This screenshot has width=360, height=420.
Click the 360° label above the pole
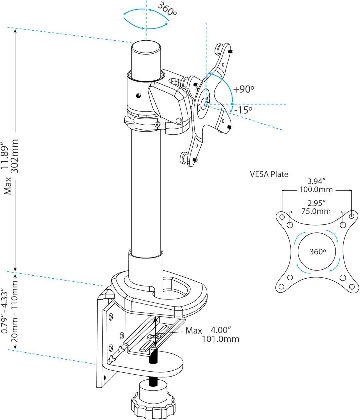click(166, 9)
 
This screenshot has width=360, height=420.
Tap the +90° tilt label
click(244, 89)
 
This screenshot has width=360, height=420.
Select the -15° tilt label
click(243, 110)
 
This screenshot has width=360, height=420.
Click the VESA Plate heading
click(269, 174)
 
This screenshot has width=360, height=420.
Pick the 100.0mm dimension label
click(316, 190)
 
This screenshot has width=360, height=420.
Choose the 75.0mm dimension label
click(316, 211)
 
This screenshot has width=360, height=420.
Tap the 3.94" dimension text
click(316, 182)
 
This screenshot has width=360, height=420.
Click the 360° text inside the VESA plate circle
click(317, 251)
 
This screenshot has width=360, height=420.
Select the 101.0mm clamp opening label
click(220, 339)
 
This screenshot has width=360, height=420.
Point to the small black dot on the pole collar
click(138, 96)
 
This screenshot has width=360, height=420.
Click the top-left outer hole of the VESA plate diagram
click(282, 217)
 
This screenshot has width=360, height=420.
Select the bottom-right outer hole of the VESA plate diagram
click(351, 286)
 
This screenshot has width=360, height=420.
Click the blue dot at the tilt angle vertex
click(232, 104)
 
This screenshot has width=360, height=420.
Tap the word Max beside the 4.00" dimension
click(194, 330)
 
